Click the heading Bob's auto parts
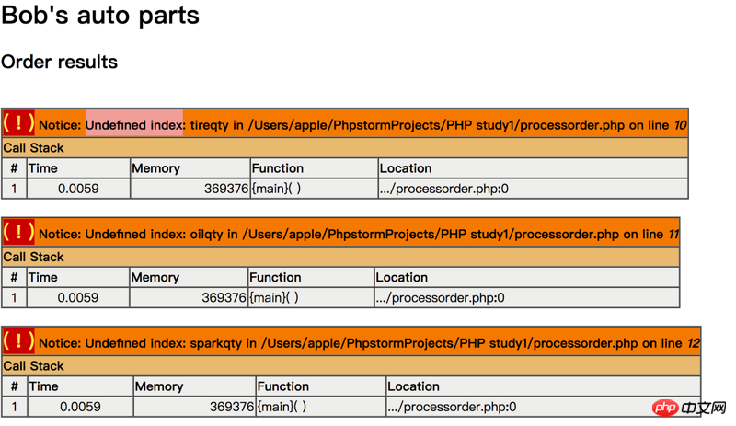coord(100,15)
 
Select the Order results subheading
coord(59,62)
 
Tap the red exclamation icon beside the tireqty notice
coord(18,123)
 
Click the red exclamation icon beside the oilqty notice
coord(18,232)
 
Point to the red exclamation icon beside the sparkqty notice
coord(18,341)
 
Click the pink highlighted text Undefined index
coord(134,125)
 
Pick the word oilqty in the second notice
coord(206,234)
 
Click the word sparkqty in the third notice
coord(216,343)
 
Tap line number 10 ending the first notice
coord(681,125)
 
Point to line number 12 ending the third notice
coord(694,343)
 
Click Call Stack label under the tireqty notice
coord(33,148)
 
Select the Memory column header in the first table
coord(155,168)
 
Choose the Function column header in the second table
coord(275,277)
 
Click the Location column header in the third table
coord(413,386)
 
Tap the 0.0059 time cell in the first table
coord(78,189)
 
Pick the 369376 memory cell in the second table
coord(224,297)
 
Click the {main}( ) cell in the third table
coord(282,407)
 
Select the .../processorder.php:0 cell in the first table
coord(444,189)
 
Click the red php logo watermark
coord(665,408)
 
